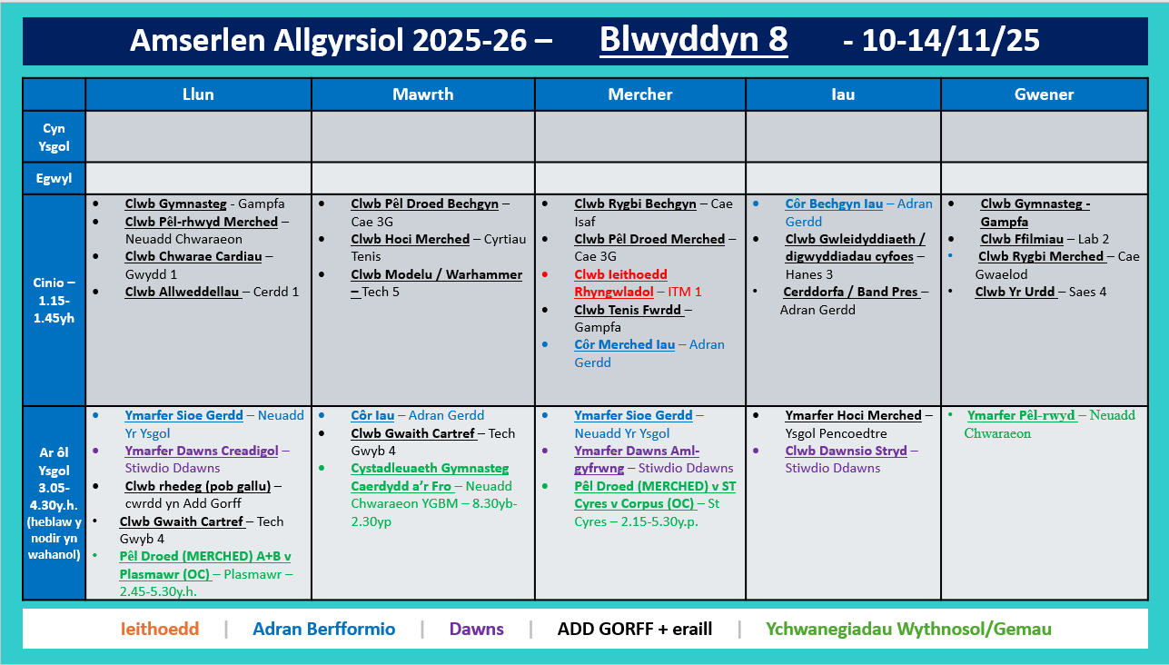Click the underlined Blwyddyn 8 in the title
pos(694,40)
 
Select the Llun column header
pos(198,94)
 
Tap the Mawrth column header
pos(422,94)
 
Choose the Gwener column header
pos(1044,94)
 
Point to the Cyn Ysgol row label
pos(54,137)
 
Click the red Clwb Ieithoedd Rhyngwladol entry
pos(620,283)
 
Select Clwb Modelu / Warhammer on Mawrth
pos(437,274)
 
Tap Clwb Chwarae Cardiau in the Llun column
pos(193,256)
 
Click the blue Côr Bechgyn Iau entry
pos(834,203)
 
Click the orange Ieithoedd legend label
pos(159,629)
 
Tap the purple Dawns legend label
pos(476,629)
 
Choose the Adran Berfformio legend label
pos(324,629)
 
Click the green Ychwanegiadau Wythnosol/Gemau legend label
pos(908,629)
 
